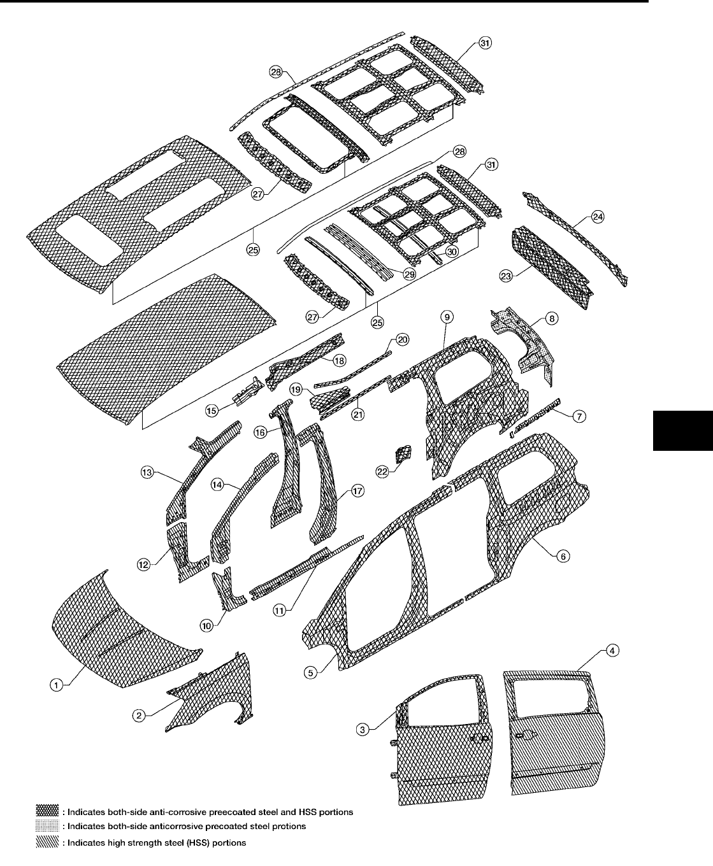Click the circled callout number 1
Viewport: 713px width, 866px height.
pos(57,685)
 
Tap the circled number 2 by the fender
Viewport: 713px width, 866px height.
pos(137,715)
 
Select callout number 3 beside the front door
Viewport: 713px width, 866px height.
pos(362,730)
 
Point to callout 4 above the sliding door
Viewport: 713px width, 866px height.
pos(611,651)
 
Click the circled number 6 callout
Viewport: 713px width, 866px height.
pos(562,556)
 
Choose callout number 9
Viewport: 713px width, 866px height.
pos(447,316)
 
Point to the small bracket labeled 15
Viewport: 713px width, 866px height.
pos(248,390)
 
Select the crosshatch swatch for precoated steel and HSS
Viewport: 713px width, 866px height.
pos(48,811)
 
